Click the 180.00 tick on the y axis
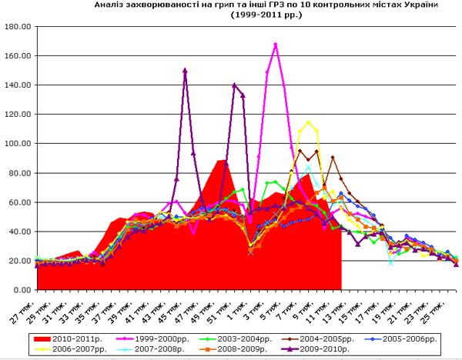pyautogui.click(x=17, y=26)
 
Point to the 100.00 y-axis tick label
pyautogui.click(x=17, y=143)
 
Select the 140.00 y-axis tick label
pyautogui.click(x=17, y=85)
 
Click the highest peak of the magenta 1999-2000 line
pyautogui.click(x=276, y=44)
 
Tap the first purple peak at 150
pyautogui.click(x=185, y=70)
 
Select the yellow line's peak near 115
pyautogui.click(x=308, y=122)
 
